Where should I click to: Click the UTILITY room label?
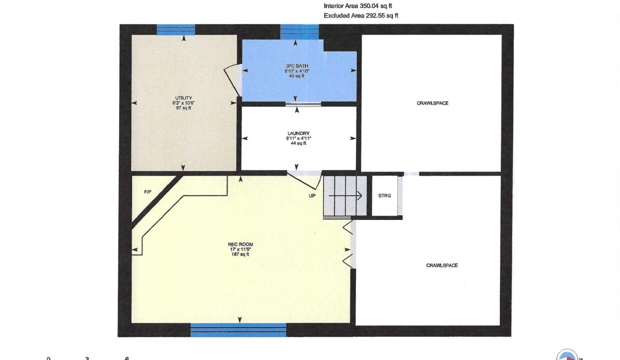tap(183, 98)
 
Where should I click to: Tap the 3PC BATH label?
tap(296, 66)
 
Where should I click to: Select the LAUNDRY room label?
tap(298, 133)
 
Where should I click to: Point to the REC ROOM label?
tap(240, 244)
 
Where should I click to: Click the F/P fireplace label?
tap(148, 192)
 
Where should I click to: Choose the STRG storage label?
tap(384, 195)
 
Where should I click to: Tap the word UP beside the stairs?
tap(312, 196)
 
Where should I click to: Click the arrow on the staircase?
tap(345, 195)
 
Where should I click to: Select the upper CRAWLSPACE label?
tap(432, 103)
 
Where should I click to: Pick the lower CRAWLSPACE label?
tap(442, 265)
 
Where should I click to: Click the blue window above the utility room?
tap(176, 29)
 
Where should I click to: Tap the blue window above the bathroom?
tap(299, 32)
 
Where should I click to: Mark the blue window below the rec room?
tap(238, 330)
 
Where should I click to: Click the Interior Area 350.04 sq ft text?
tap(357, 6)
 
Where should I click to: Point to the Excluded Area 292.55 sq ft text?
tap(361, 15)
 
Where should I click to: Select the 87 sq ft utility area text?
tap(183, 108)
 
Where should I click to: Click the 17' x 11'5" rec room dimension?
tap(240, 249)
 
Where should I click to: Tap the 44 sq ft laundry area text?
tap(298, 143)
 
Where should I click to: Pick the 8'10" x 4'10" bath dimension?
tap(296, 71)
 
